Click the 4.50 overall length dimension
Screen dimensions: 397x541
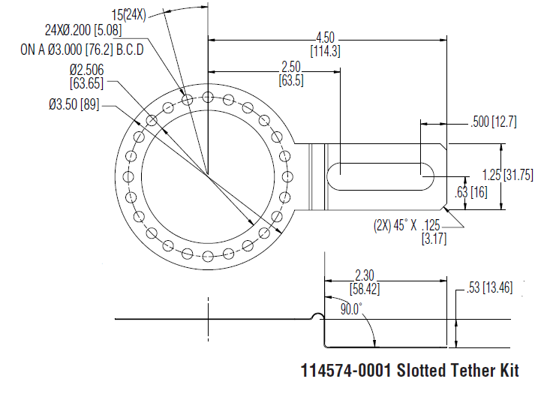tap(325, 38)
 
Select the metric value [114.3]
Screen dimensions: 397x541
tap(325, 51)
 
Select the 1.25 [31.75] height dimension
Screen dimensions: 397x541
tap(506, 174)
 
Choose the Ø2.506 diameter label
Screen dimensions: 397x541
tap(86, 70)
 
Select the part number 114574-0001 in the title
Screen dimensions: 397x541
tap(346, 371)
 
